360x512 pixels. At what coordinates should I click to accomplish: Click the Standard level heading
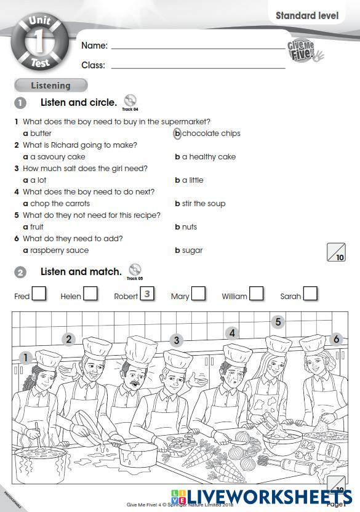point(306,15)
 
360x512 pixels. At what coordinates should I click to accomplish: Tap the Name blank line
point(197,46)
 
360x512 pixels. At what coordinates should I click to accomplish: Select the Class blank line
point(197,65)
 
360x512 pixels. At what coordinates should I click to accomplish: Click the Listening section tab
point(50,86)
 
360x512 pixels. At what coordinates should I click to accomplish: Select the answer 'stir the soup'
point(200,204)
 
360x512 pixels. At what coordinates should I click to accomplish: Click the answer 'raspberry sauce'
point(56,250)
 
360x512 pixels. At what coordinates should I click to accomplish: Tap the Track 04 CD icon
point(130,100)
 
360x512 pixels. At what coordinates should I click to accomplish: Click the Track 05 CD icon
point(135,270)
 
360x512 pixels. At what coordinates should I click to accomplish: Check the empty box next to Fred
point(39,294)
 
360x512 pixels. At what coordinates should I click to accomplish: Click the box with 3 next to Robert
point(147,294)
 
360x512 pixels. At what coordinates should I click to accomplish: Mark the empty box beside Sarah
point(310,294)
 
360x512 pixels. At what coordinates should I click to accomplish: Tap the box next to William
point(256,294)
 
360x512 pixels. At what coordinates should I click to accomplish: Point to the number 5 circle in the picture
point(278,322)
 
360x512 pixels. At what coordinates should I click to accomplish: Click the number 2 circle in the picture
point(69,339)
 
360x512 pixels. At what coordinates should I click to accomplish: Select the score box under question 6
point(336,252)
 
